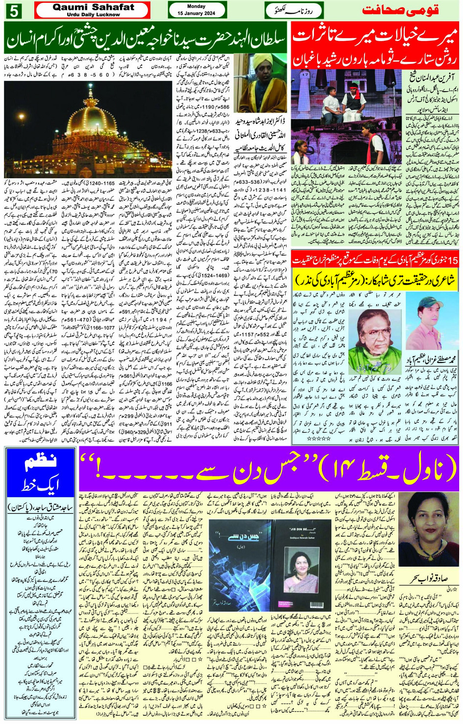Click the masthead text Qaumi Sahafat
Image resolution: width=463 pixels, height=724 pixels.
coord(93,7)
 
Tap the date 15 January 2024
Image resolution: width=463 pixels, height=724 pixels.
coord(196,13)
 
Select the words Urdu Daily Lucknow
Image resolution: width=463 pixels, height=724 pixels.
coord(93,15)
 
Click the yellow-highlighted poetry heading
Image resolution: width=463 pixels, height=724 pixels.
coord(376,281)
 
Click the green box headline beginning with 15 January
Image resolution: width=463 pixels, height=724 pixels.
coord(375,259)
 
